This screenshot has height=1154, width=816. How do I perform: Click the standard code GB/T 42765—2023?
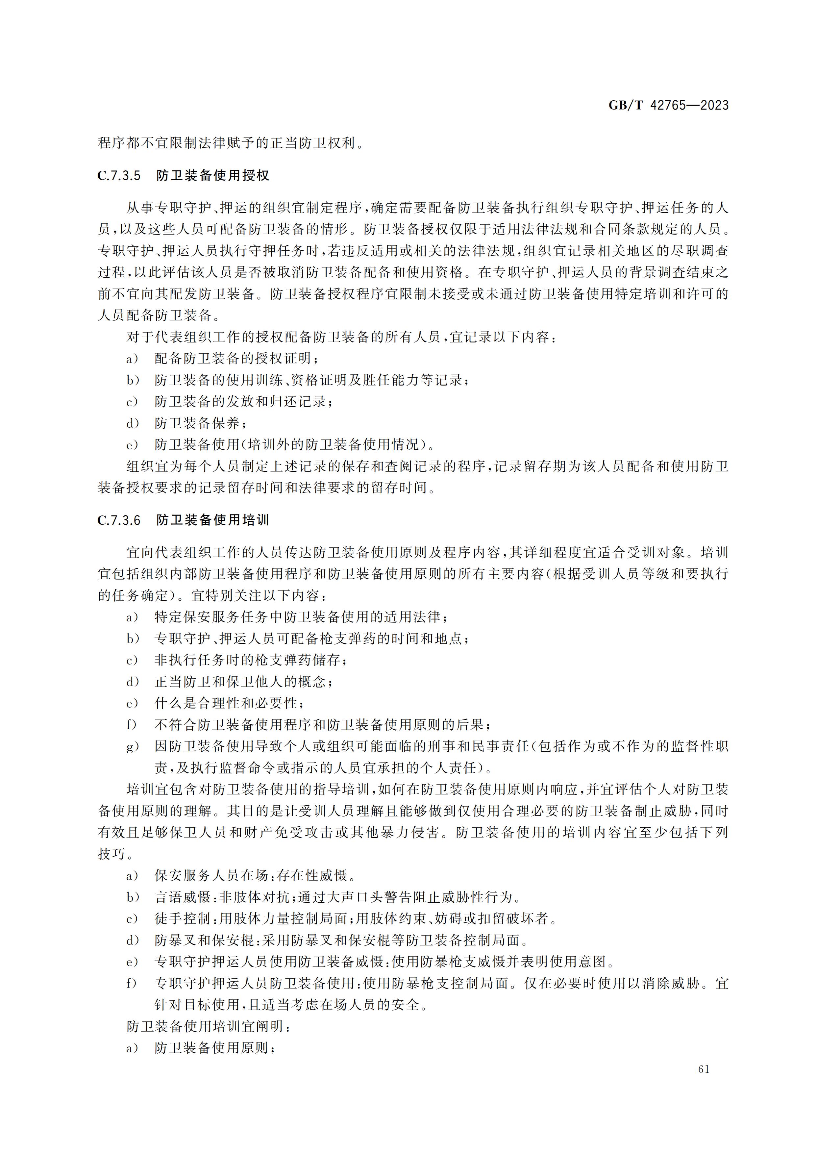click(668, 106)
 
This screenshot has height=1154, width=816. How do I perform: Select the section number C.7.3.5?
click(119, 176)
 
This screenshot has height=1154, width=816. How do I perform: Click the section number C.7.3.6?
click(119, 520)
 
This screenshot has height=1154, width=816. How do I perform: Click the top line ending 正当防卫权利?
click(230, 143)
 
